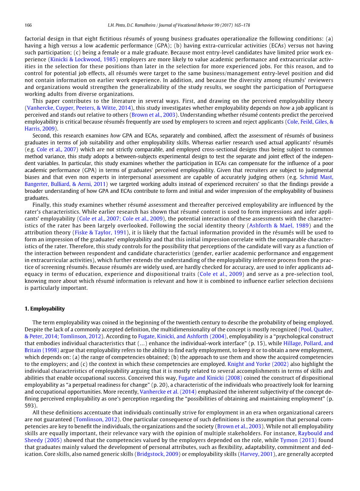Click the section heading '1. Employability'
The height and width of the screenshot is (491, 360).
45,308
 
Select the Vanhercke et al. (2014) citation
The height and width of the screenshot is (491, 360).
168,391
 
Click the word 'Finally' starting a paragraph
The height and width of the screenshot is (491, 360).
41,205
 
